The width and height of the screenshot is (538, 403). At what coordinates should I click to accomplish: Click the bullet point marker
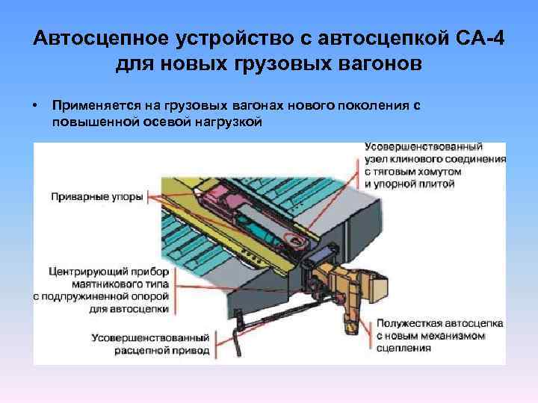(35, 106)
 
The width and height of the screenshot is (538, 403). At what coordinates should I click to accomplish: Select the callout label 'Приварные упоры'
(97, 198)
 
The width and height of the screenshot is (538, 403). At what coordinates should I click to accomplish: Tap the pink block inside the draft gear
(221, 197)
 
